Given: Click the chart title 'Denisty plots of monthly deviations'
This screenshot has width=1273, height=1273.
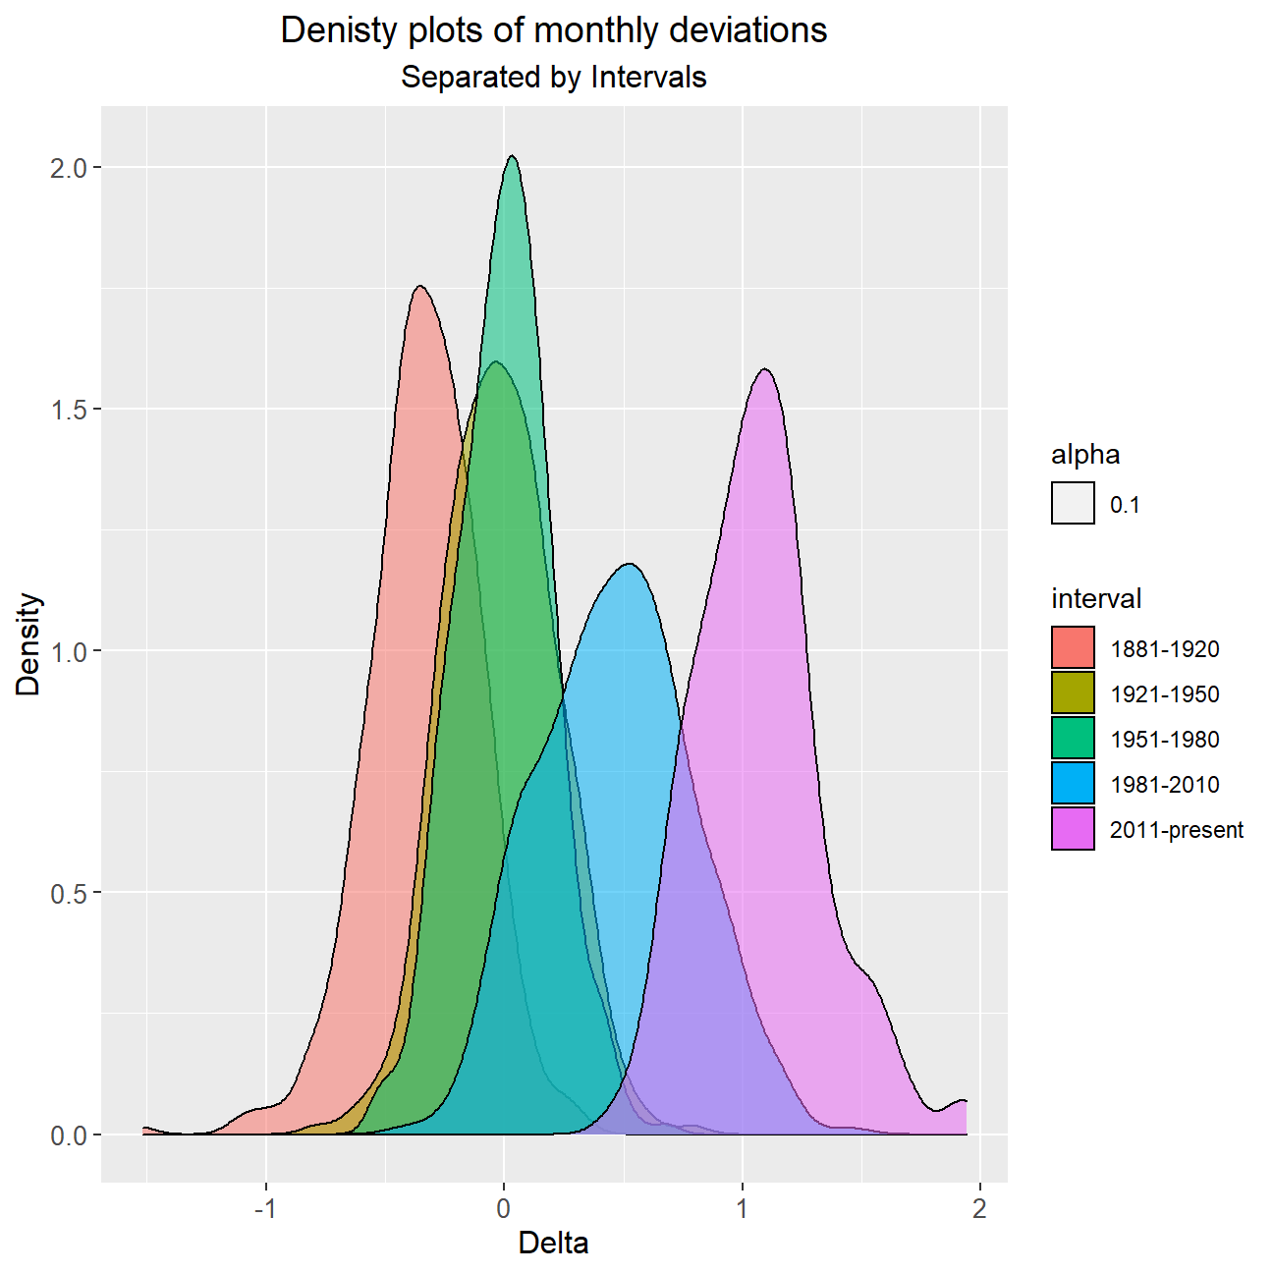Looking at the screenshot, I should click(x=554, y=30).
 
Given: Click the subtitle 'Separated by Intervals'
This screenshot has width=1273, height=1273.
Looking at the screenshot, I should click(x=554, y=77).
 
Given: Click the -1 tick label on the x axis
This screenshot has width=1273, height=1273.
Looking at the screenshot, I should click(x=265, y=1209).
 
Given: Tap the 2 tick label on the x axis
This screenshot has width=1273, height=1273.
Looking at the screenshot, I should click(x=979, y=1209).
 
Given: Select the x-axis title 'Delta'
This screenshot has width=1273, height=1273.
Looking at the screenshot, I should click(x=554, y=1244).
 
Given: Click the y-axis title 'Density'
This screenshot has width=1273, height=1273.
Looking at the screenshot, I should click(x=28, y=643).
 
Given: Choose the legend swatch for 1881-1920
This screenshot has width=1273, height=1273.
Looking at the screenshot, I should click(x=1073, y=647).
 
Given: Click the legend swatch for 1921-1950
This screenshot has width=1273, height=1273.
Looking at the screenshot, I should click(x=1073, y=692).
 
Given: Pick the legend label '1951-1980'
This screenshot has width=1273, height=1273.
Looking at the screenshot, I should click(x=1165, y=740).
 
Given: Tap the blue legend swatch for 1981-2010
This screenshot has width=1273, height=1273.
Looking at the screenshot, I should click(x=1073, y=783).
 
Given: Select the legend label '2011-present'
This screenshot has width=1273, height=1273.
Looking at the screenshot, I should click(x=1177, y=830).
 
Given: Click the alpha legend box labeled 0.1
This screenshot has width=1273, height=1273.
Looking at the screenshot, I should click(x=1073, y=503).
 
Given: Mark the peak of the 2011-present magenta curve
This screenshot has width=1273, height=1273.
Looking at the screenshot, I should click(x=765, y=369).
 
